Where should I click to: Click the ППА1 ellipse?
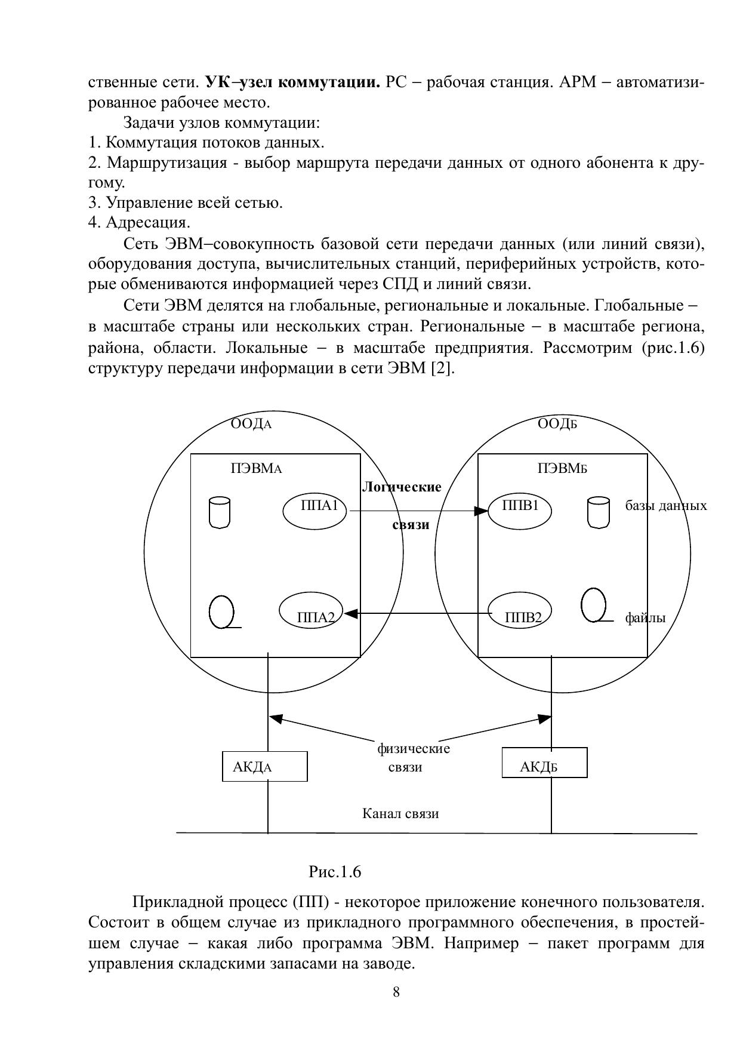click(314, 511)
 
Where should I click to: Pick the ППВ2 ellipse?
click(519, 613)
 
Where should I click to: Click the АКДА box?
click(264, 767)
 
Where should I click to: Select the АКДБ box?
click(544, 763)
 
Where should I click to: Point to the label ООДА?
click(251, 425)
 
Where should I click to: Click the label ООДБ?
click(557, 425)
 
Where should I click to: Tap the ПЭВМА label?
click(255, 469)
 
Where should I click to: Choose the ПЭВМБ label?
click(562, 469)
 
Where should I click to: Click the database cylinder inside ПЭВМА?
click(220, 512)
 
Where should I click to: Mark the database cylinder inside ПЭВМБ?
click(599, 512)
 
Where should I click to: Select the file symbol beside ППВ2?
click(594, 605)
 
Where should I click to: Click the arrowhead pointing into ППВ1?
click(481, 511)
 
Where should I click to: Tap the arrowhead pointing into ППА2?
click(350, 613)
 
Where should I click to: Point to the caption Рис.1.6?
click(335, 872)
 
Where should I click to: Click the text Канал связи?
click(400, 813)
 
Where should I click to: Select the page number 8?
click(396, 992)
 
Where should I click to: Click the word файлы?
click(645, 618)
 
